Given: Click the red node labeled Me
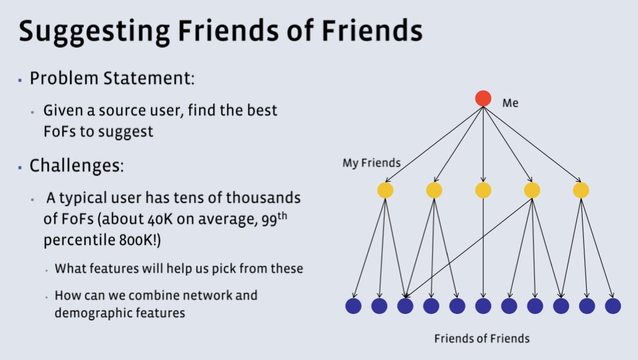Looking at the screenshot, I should pyautogui.click(x=483, y=98).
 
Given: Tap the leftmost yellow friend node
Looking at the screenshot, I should pyautogui.click(x=385, y=190).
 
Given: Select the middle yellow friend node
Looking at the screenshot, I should pyautogui.click(x=483, y=190).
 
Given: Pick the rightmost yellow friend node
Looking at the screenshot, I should pyautogui.click(x=581, y=190).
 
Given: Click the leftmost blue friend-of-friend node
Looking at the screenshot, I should pyautogui.click(x=353, y=306).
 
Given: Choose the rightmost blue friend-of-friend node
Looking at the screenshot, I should pyautogui.click(x=613, y=306).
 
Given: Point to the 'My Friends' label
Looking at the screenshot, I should pyautogui.click(x=371, y=163).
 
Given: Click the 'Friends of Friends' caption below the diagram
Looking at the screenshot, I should pyautogui.click(x=482, y=338).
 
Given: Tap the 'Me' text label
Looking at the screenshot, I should pyautogui.click(x=510, y=103).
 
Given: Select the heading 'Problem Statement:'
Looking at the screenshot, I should pyautogui.click(x=112, y=78).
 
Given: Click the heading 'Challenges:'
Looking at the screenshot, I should pyautogui.click(x=76, y=165).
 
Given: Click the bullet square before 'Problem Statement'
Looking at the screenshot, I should pyautogui.click(x=20, y=79).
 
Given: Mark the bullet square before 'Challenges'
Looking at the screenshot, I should pyautogui.click(x=20, y=167).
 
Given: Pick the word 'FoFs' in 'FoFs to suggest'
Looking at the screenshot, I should pyautogui.click(x=59, y=131).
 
